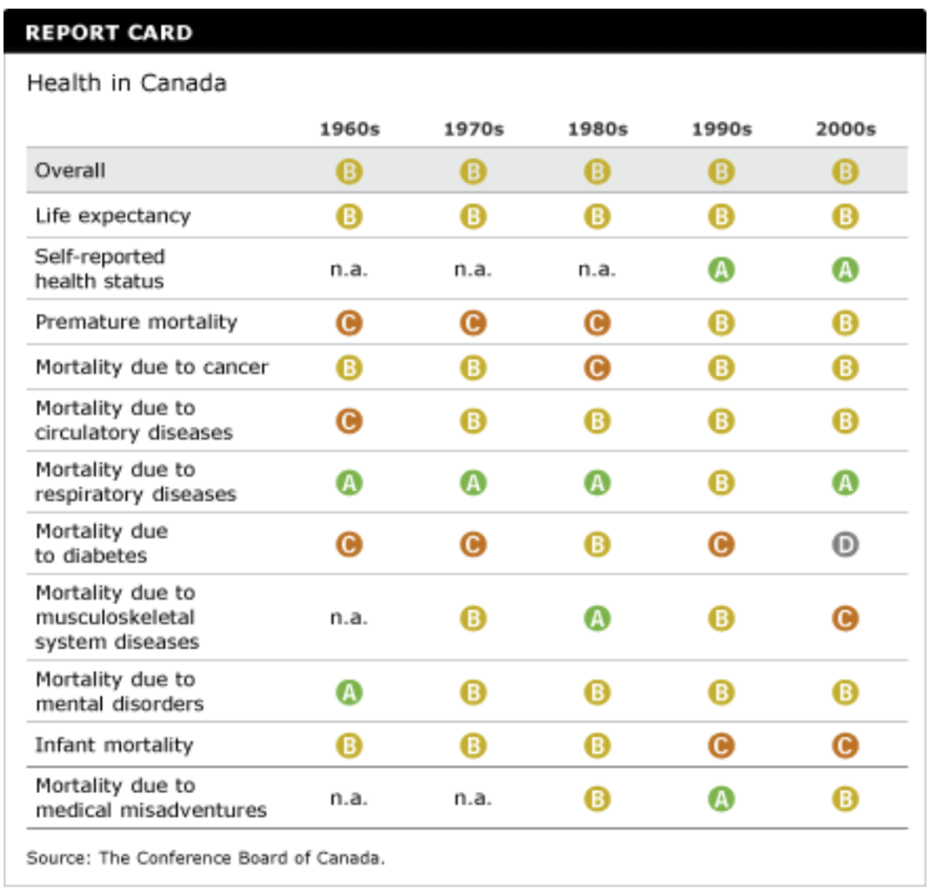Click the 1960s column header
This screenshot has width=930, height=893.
coord(349,129)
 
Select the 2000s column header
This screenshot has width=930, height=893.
coord(845,129)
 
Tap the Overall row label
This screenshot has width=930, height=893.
coord(70,170)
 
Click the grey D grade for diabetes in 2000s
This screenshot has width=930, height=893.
coord(845,544)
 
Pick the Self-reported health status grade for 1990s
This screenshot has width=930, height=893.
coord(721,270)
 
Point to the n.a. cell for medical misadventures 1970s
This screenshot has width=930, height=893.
coord(472,798)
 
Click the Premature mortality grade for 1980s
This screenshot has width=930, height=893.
coord(597,322)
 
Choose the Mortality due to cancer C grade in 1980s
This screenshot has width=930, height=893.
coord(597,368)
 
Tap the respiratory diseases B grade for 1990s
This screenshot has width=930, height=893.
coord(721,482)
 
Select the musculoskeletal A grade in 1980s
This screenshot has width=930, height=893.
coord(597,619)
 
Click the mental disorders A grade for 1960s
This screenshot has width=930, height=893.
coord(349,693)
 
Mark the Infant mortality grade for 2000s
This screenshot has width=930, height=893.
coord(845,746)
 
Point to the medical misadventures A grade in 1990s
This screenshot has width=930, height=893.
coord(721,799)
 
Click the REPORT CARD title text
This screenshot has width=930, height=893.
coord(108,34)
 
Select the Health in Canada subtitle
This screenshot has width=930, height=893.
coord(126,84)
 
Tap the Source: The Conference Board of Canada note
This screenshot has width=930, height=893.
coord(205,858)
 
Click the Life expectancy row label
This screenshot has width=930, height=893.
coord(113,216)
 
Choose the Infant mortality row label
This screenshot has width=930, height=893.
coord(114,745)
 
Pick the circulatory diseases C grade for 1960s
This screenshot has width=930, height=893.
coord(349,422)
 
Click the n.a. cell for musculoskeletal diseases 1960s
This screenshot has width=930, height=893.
coord(349,618)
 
